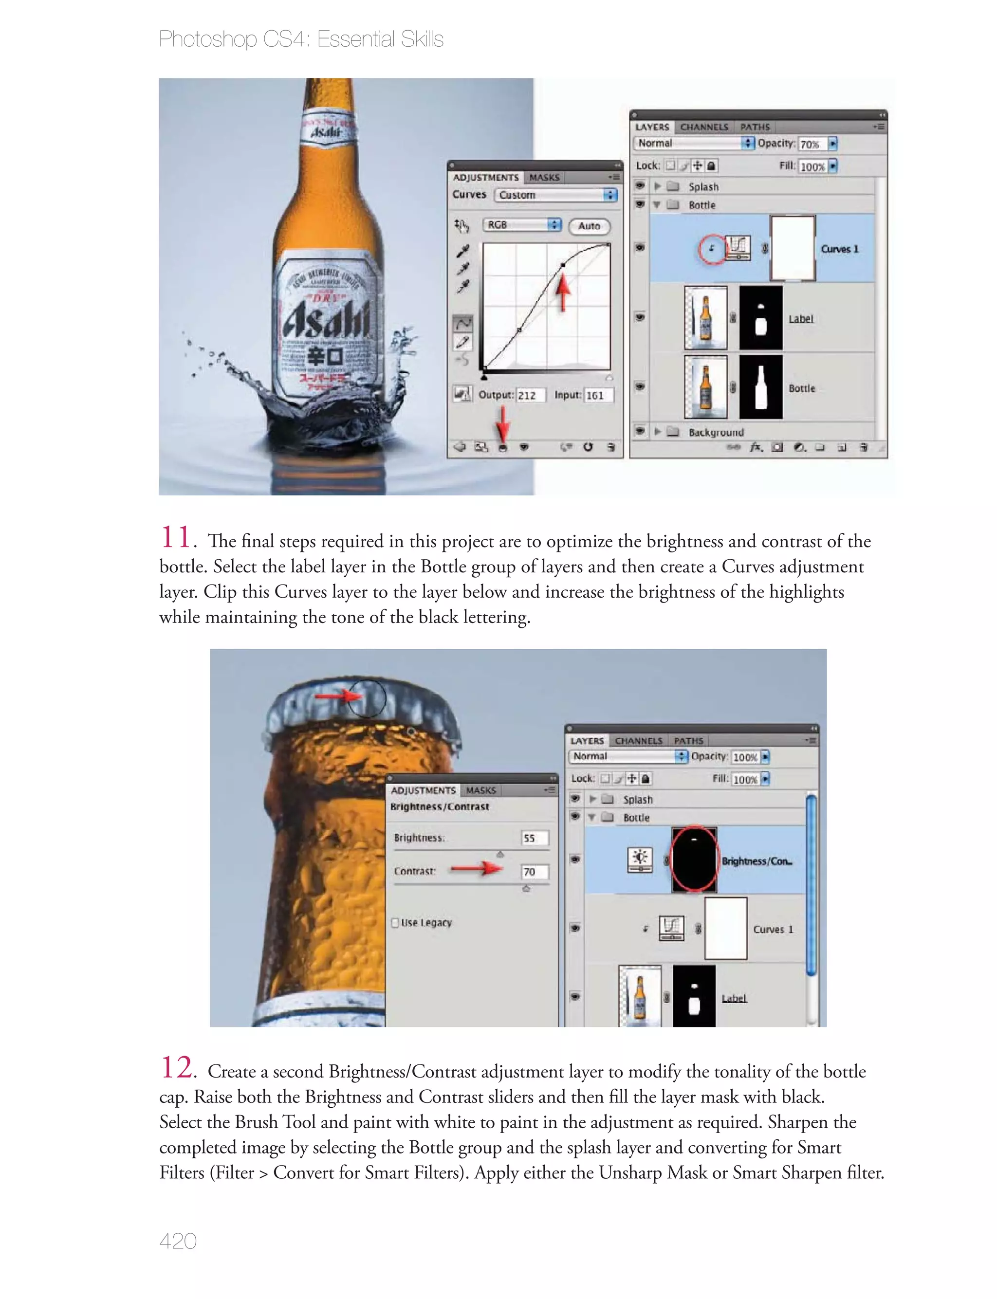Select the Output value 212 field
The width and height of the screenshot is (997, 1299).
coord(529,396)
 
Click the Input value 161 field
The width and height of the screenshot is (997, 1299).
coord(598,396)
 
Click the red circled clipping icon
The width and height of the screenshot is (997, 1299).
coord(712,249)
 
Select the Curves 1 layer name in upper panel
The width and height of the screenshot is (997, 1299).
coord(839,249)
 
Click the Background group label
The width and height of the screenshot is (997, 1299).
coord(716,432)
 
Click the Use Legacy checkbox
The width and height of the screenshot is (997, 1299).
coord(395,922)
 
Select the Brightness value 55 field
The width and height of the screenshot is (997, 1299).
coord(534,838)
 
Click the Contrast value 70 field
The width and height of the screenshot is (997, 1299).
coord(534,871)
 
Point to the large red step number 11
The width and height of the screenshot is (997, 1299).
coord(176,537)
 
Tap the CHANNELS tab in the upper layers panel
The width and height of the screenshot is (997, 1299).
coord(704,127)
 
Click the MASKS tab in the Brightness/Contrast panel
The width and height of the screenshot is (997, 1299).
coord(480,790)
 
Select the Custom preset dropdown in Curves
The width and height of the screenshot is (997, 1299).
coord(556,195)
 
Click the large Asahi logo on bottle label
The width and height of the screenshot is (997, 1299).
coord(326,321)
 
